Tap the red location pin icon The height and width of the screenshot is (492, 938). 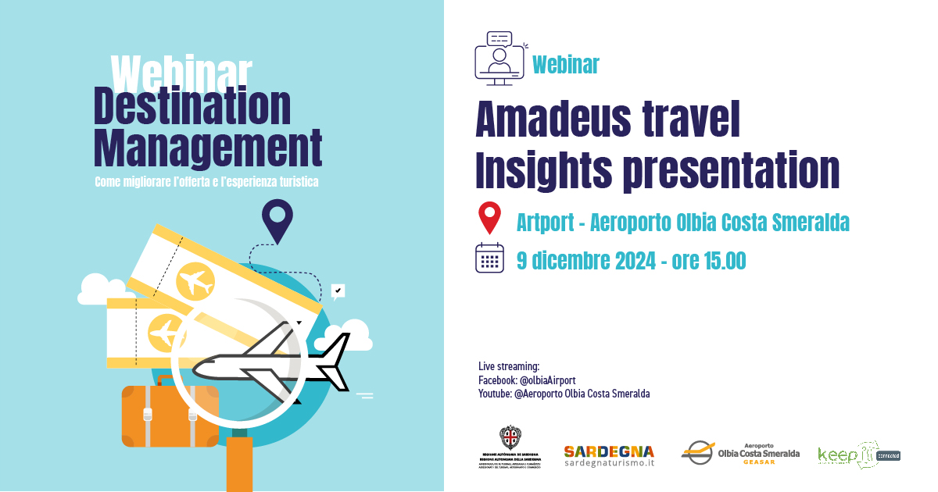490,218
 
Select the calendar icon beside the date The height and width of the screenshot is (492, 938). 489,258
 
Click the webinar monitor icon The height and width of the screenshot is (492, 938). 499,59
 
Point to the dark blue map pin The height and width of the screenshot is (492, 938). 277,219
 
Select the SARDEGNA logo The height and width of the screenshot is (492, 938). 609,455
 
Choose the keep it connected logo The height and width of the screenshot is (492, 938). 858,455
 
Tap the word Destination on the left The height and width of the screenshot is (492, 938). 192,107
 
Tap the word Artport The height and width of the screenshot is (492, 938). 546,223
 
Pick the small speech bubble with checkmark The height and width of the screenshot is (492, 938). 338,291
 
